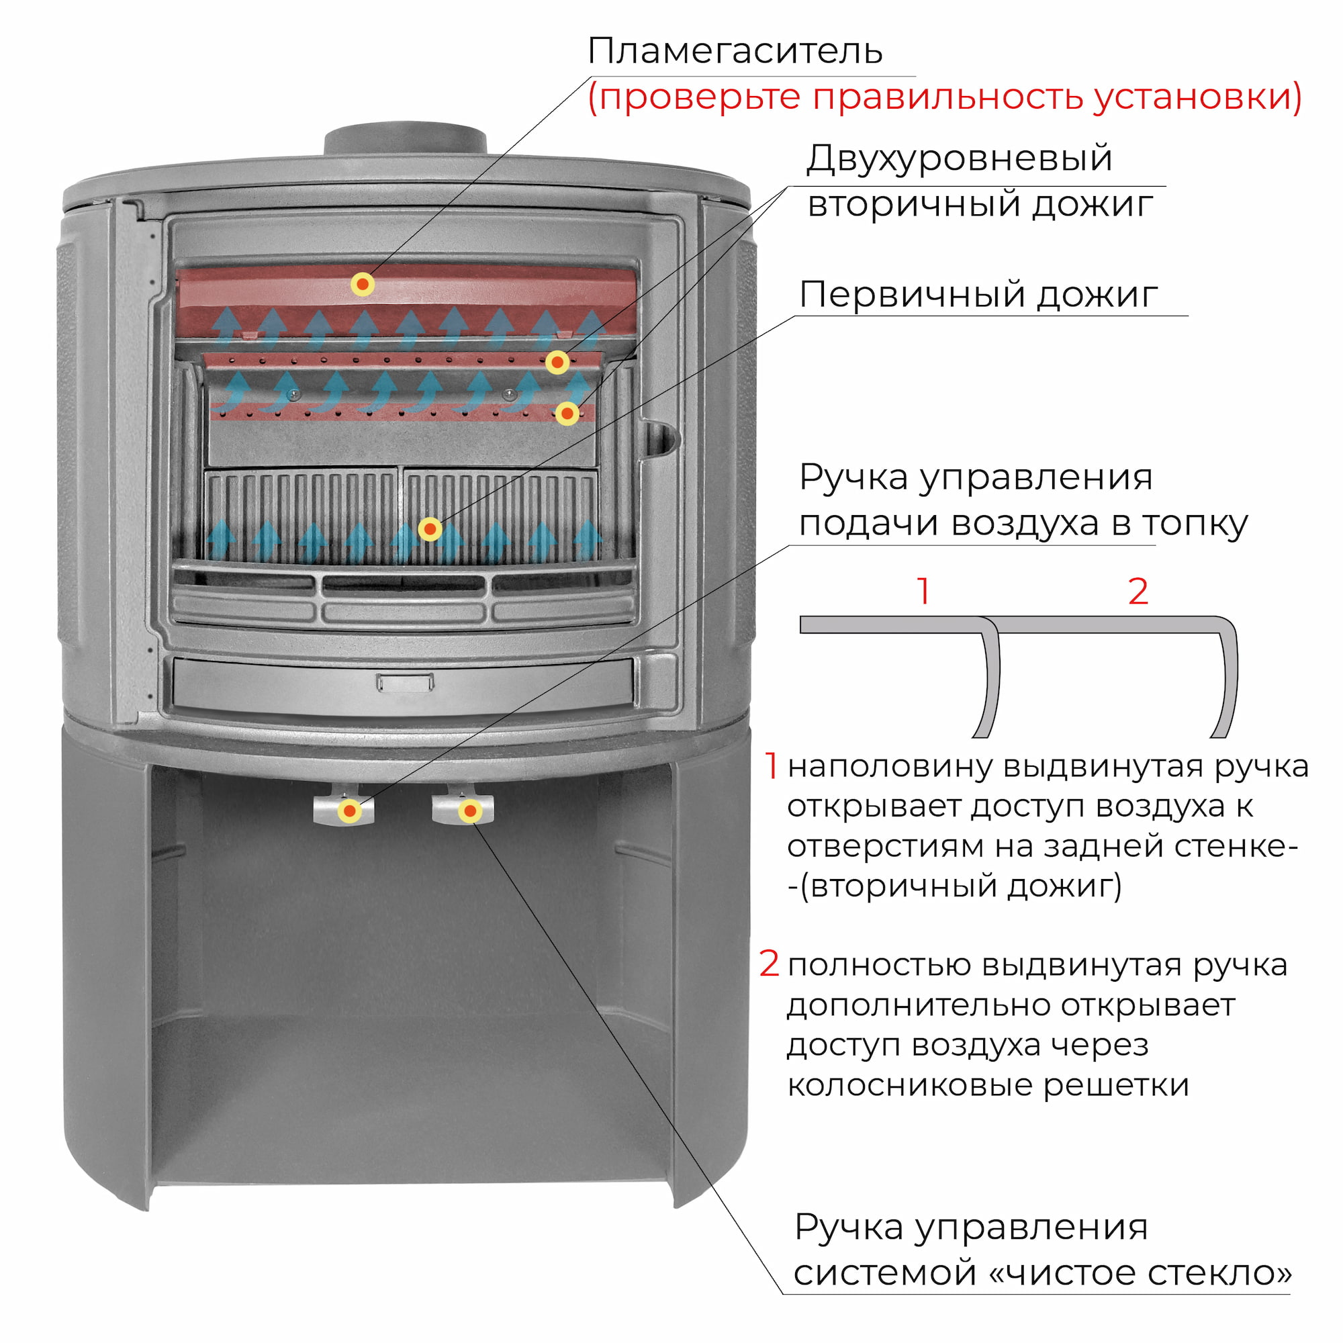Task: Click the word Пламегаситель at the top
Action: (x=735, y=51)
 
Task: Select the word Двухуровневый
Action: (x=960, y=159)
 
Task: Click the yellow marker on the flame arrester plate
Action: (x=362, y=283)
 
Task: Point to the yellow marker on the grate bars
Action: (x=430, y=530)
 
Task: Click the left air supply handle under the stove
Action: (x=343, y=807)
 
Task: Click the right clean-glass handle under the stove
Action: (x=463, y=807)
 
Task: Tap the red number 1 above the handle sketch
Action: (x=923, y=592)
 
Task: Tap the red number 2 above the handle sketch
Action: (x=1138, y=592)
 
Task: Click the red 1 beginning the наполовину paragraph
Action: (x=771, y=766)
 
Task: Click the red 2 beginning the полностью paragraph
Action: (x=769, y=964)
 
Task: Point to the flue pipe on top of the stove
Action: (x=406, y=139)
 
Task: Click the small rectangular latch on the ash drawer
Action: (x=406, y=682)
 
